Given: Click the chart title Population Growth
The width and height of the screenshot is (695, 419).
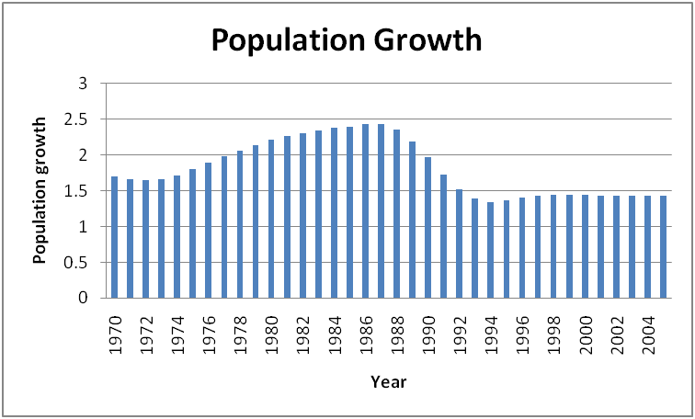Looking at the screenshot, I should pyautogui.click(x=347, y=40).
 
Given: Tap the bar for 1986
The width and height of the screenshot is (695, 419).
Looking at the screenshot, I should pyautogui.click(x=365, y=210).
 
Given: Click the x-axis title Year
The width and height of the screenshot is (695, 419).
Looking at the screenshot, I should pyautogui.click(x=388, y=380).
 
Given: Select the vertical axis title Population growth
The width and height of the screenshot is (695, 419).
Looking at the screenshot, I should pyautogui.click(x=40, y=190).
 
